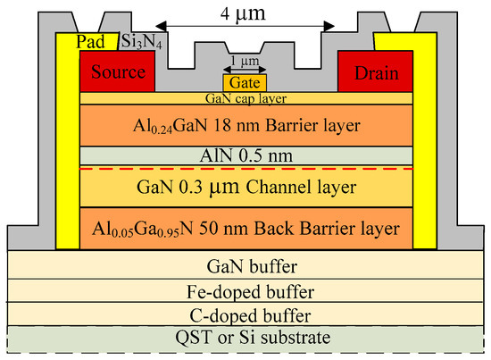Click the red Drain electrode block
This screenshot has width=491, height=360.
(375, 69)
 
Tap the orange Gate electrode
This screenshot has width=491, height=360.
(245, 82)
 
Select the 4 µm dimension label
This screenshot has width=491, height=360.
(247, 15)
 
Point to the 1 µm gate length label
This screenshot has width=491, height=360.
(246, 62)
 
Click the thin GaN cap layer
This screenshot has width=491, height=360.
(245, 97)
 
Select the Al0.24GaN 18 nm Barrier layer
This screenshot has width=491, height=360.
(245, 125)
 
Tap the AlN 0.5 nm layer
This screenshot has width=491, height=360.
(245, 155)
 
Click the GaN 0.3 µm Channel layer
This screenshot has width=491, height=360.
(245, 188)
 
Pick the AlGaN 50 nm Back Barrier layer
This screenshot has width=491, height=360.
(245, 227)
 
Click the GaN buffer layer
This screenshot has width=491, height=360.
(245, 266)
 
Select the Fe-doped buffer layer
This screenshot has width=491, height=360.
(245, 290)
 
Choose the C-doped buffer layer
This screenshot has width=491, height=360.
(245, 314)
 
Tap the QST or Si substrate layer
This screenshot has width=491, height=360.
(245, 339)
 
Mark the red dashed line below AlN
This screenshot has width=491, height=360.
(134, 168)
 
